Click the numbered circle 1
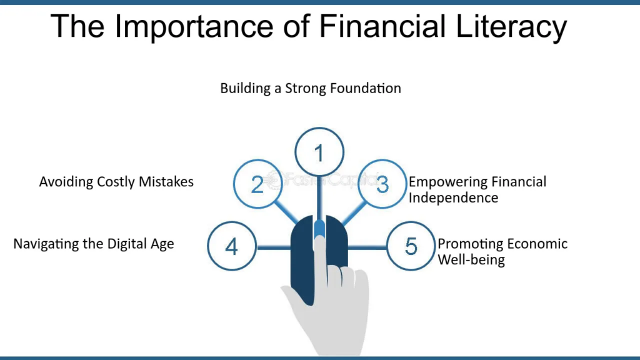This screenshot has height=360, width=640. (319, 152)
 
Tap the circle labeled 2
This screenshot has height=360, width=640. (257, 184)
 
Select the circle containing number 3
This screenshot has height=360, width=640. (382, 184)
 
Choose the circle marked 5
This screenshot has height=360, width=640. (411, 246)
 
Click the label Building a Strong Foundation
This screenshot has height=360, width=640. (310, 88)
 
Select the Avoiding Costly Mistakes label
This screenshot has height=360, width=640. (116, 182)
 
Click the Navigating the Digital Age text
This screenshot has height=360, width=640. (94, 244)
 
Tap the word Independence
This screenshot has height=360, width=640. (453, 197)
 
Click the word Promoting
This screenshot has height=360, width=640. (469, 244)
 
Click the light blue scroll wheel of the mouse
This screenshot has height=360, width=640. (319, 229)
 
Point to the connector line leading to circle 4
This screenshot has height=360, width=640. (273, 247)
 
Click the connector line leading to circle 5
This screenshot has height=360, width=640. (367, 247)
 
